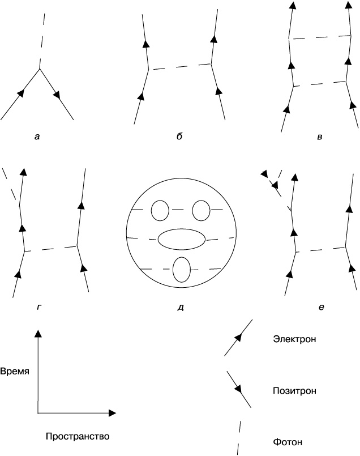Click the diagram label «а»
click(x=37, y=137)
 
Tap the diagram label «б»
click(x=179, y=137)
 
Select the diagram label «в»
click(x=320, y=137)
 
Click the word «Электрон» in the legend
click(x=294, y=339)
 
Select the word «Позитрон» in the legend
click(x=294, y=391)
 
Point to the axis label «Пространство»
click(x=77, y=437)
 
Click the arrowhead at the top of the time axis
click(x=38, y=335)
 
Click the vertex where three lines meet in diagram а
click(x=39, y=69)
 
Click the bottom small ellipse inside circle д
click(x=181, y=270)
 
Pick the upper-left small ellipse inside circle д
click(x=160, y=211)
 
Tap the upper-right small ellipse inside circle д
click(x=202, y=211)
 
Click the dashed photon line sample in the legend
click(x=239, y=437)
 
